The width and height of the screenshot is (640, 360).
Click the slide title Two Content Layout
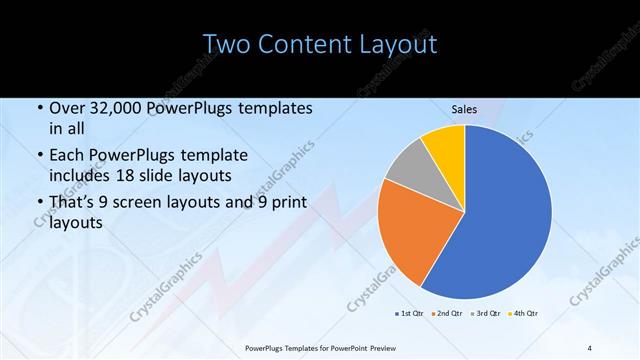[x=319, y=45]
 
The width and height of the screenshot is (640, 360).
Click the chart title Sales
[x=464, y=110]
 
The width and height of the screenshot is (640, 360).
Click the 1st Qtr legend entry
[x=409, y=314]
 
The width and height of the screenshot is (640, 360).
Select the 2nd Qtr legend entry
[x=446, y=314]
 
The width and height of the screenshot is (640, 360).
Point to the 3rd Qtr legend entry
[x=484, y=314]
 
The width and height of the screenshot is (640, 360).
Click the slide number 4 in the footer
[x=590, y=348]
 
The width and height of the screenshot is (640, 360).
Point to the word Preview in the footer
[x=378, y=348]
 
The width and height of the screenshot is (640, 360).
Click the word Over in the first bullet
[x=66, y=108]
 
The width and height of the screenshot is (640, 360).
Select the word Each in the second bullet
[x=67, y=155]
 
